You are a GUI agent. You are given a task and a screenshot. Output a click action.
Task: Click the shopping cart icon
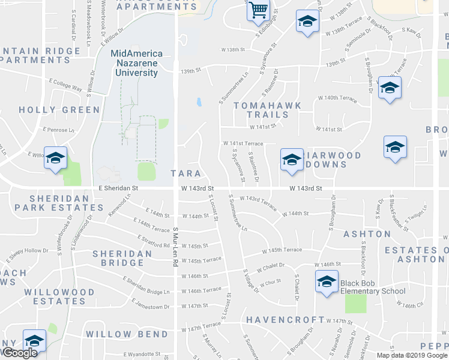pyautogui.click(x=258, y=10)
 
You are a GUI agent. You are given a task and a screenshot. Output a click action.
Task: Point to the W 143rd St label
pyautogui.click(x=306, y=188)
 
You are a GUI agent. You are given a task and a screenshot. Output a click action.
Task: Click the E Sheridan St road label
pyautogui.click(x=118, y=188)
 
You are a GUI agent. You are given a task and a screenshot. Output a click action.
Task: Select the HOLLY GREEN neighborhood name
pyautogui.click(x=59, y=110)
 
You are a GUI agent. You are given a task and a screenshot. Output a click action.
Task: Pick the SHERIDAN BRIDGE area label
pyautogui.click(x=122, y=258)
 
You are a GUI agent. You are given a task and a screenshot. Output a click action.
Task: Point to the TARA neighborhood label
pyautogui.click(x=181, y=173)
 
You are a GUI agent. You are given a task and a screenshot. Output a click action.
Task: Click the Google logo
pyautogui.click(x=19, y=353)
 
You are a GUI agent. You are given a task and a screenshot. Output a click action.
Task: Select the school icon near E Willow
pyautogui.click(x=55, y=158)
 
